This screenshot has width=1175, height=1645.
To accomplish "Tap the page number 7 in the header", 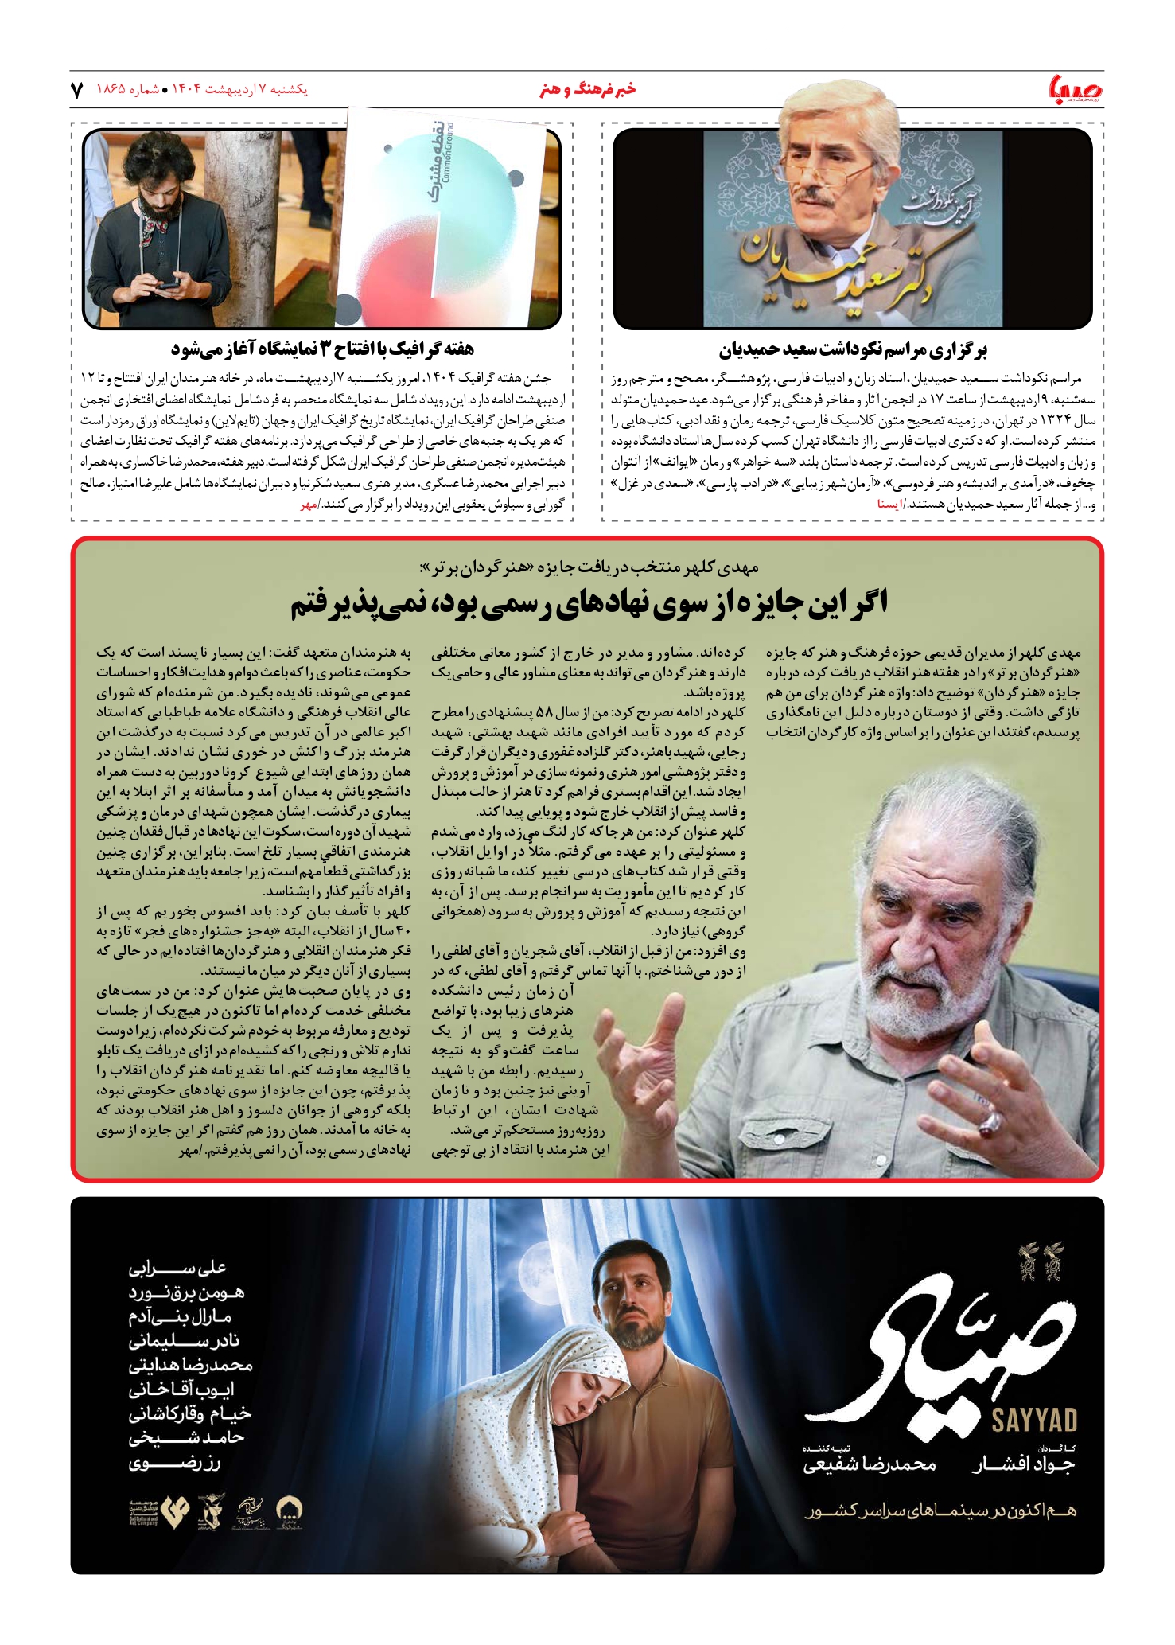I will pos(77,90).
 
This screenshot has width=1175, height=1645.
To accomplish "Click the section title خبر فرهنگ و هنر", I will pos(587,90).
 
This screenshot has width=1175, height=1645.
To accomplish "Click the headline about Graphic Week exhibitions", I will pos(322,349).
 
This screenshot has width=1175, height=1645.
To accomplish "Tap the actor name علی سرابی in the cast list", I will pos(177,1268).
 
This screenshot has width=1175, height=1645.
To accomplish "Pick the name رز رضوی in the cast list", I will pos(174,1462).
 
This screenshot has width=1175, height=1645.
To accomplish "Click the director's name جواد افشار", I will pos(1024,1464).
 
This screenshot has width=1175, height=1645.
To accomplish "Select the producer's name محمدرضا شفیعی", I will pos(870,1464).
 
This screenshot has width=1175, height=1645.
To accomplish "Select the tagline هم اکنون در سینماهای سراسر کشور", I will pos(940,1511).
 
